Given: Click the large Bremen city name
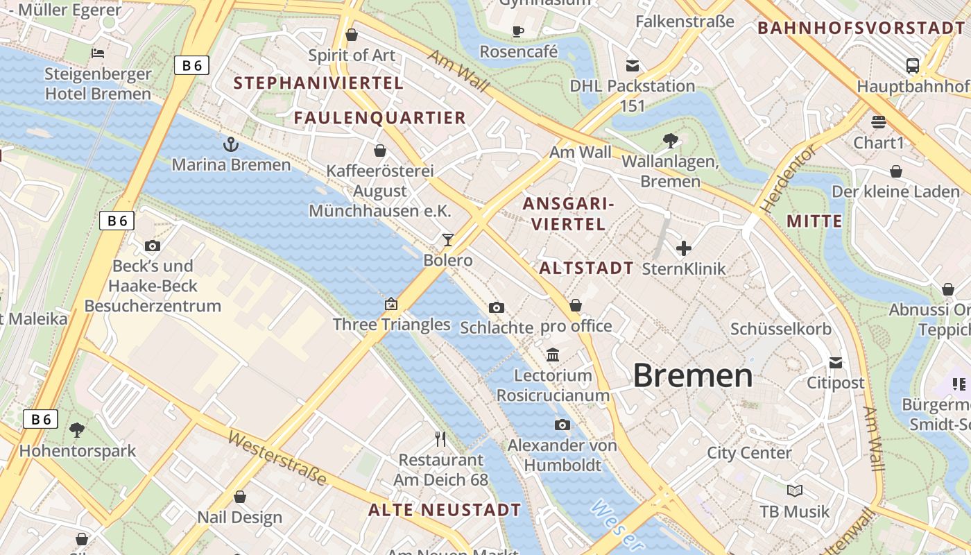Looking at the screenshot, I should coord(692,375).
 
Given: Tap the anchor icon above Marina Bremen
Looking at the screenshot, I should coord(230,144).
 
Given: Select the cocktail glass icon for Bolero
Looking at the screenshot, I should coord(448,240).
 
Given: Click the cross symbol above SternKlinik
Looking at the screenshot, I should coord(684,248).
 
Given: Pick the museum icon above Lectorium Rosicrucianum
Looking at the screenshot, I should coord(553,355).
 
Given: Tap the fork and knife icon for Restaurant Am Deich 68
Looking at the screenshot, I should coord(440,439).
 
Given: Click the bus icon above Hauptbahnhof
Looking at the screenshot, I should coord(913,66).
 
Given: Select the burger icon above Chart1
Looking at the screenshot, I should coord(879,122).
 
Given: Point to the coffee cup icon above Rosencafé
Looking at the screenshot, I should coord(517,31).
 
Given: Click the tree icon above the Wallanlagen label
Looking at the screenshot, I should coord(670,141).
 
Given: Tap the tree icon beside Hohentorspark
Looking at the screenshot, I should coord(77,430).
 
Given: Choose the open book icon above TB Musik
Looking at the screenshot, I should coord(794,491).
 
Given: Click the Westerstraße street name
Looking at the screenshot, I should coord(277,458).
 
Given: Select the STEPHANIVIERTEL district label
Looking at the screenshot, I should coord(318,83).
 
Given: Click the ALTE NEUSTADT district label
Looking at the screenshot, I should coord(444,510).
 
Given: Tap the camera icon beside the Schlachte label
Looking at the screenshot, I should coord(497,307).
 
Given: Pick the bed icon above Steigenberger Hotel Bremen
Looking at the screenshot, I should coord(98,53).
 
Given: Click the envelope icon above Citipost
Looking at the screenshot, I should coord(835,362).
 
